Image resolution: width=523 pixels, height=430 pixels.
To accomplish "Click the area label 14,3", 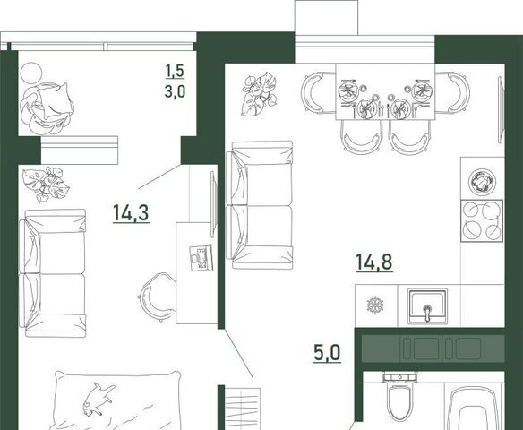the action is pyautogui.click(x=131, y=213).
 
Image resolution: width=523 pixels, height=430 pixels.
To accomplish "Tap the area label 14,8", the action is pyautogui.click(x=374, y=262).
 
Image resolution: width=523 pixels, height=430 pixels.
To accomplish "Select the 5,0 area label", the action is pyautogui.click(x=327, y=353).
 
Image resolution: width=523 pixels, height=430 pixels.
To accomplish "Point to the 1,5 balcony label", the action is pyautogui.click(x=175, y=71).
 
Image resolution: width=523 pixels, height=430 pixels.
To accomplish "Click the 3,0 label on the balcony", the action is pyautogui.click(x=175, y=91).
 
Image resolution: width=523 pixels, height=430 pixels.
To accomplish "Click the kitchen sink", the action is pyautogui.click(x=427, y=306).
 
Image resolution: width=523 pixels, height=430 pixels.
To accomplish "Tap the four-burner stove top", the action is pyautogui.click(x=482, y=220).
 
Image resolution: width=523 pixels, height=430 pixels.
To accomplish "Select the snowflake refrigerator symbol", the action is pyautogui.click(x=375, y=305).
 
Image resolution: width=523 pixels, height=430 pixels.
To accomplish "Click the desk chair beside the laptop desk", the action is pyautogui.click(x=155, y=297).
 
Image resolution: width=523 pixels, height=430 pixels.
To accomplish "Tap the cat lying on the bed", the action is pyautogui.click(x=99, y=399).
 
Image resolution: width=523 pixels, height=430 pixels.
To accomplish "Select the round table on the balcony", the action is pyautogui.click(x=31, y=73).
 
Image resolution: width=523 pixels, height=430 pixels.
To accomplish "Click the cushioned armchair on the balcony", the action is pyautogui.click(x=47, y=108).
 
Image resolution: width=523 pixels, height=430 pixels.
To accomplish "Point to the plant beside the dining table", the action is pyautogui.click(x=259, y=95).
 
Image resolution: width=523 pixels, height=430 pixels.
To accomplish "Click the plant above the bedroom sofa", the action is pyautogui.click(x=46, y=184).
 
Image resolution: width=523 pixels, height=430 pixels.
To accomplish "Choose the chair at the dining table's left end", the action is pyautogui.click(x=313, y=92).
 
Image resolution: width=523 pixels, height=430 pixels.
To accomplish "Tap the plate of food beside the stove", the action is pyautogui.click(x=482, y=183).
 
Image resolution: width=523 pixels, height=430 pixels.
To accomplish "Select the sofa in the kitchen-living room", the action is pyautogui.click(x=260, y=205).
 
